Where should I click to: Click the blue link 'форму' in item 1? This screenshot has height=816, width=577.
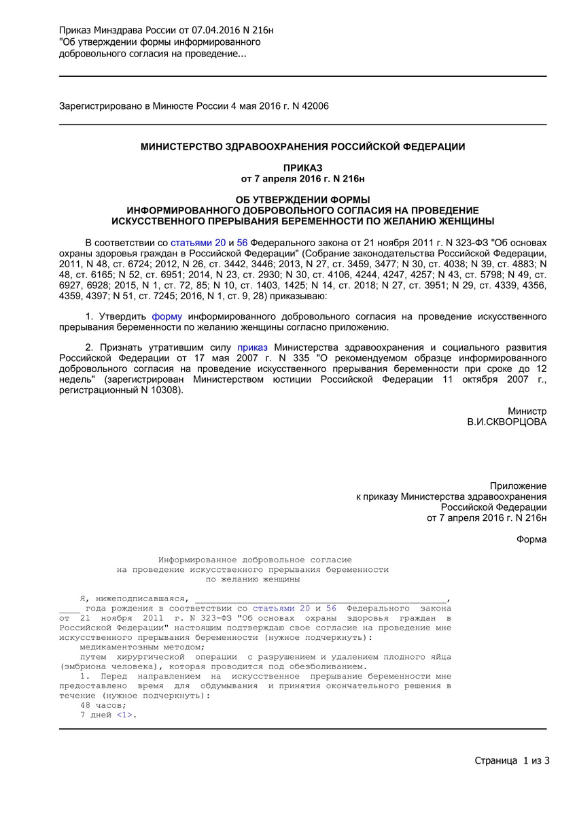[167, 317]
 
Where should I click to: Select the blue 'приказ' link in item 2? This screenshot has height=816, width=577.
[252, 347]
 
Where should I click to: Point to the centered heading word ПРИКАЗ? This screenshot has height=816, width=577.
[303, 168]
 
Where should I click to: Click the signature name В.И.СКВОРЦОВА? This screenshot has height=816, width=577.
[506, 422]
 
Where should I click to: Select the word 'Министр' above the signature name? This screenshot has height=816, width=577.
[527, 411]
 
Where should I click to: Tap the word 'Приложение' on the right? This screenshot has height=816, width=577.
[518, 486]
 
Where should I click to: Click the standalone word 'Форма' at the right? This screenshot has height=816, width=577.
[531, 540]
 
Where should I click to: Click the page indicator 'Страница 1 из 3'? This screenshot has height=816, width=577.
[512, 760]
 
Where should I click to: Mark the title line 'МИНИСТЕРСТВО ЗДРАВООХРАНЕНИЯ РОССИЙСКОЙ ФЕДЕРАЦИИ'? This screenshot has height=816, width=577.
[303, 147]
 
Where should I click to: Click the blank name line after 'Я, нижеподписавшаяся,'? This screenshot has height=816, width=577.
[320, 598]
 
